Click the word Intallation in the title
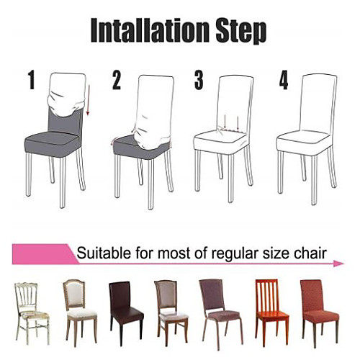point(149,31)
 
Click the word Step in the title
point(241,33)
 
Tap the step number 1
point(32,80)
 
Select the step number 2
point(117,81)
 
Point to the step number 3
point(199,80)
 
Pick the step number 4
point(284,81)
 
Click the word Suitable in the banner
point(104,253)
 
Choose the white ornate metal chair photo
point(31,311)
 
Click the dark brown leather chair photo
point(125,311)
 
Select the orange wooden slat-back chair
point(271,311)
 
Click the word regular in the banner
point(231,253)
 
